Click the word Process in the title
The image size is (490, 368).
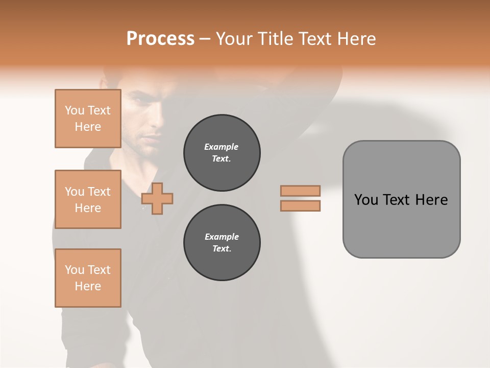click(160, 39)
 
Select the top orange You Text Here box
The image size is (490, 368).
click(88, 119)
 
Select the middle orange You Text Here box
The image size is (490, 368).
click(88, 199)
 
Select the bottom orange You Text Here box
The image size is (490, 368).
click(88, 278)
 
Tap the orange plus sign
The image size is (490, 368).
click(157, 198)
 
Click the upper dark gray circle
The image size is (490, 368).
click(222, 153)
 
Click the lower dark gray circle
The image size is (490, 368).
click(222, 243)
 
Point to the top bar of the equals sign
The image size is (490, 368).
click(300, 191)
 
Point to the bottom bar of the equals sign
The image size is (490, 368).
click(300, 206)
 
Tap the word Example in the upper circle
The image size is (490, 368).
click(222, 147)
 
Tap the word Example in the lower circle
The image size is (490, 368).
click(222, 237)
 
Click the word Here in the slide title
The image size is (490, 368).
click(357, 39)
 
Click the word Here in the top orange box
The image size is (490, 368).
click(88, 127)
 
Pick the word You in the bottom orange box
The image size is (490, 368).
click(75, 270)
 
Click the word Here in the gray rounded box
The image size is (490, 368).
click(431, 200)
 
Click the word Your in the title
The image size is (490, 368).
click(235, 39)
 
